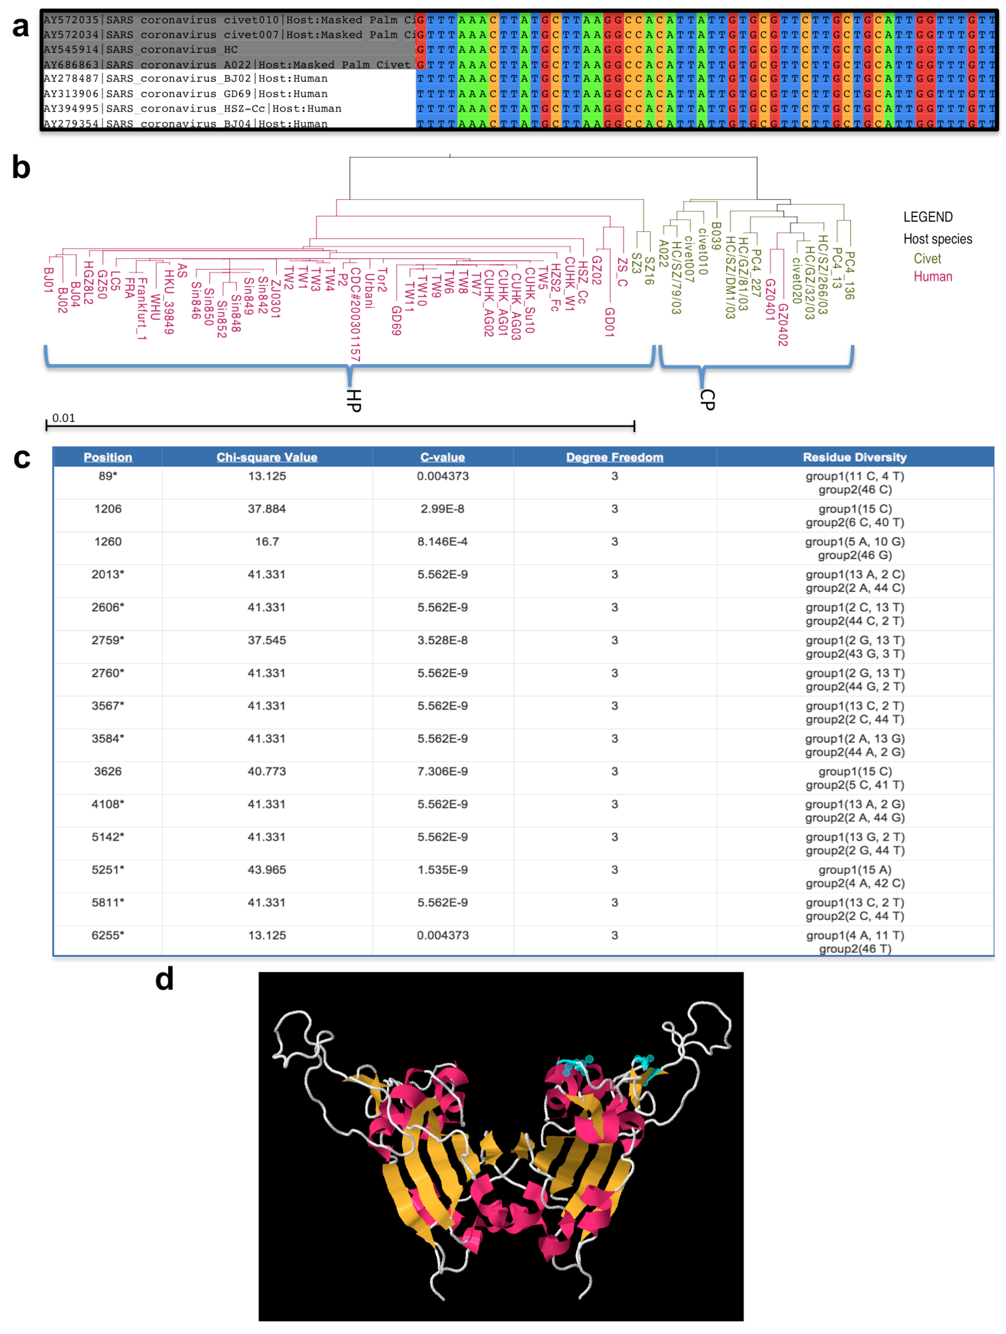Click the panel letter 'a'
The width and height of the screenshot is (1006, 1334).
[21, 27]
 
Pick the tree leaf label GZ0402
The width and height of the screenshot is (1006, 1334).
[782, 324]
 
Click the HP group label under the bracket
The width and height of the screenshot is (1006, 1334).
[354, 400]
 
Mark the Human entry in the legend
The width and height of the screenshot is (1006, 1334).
[932, 277]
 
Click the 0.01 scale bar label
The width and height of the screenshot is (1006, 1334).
[63, 418]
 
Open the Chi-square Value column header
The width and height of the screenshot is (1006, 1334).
[266, 457]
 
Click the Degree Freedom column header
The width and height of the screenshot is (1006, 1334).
[614, 457]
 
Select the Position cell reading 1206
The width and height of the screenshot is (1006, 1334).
[108, 509]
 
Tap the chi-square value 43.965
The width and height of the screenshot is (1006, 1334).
[266, 870]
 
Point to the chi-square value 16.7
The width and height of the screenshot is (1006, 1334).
[266, 542]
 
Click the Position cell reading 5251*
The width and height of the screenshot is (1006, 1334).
[108, 870]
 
